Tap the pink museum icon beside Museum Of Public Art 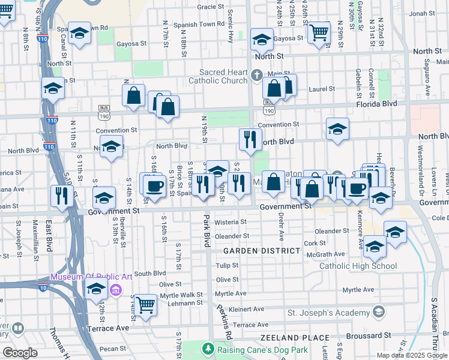point(116,291)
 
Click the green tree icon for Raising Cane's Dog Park point(208,349)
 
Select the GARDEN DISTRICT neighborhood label point(262,250)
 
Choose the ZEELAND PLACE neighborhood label point(295,338)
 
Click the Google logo point(20,353)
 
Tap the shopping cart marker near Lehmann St point(145,305)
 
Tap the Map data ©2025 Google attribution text point(411,355)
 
